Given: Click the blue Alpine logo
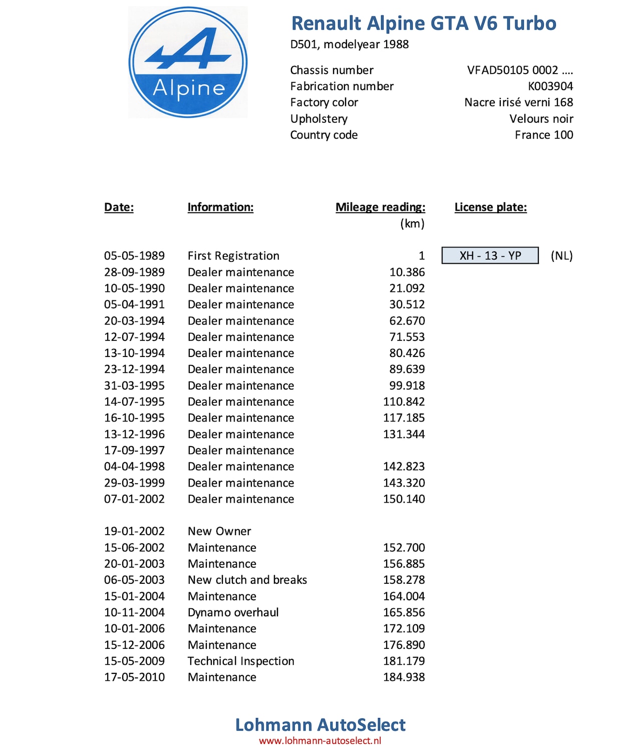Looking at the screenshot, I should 188,63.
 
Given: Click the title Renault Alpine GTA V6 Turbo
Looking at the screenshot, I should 424,24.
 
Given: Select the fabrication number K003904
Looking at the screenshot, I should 550,86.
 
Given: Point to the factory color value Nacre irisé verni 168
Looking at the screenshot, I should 518,102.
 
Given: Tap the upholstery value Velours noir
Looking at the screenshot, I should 541,119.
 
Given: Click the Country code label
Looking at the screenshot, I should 324,135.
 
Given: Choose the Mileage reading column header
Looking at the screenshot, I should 380,207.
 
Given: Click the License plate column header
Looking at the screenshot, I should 490,207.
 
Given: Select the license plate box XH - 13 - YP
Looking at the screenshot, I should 490,255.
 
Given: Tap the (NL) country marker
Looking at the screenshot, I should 561,256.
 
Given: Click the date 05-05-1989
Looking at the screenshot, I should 134,256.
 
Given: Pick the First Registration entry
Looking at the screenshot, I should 233,256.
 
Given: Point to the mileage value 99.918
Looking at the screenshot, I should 407,386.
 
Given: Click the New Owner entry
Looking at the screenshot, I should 219,531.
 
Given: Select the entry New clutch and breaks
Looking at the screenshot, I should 247,580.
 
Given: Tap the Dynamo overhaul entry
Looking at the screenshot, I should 233,612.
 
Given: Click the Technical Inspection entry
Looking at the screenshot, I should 241,661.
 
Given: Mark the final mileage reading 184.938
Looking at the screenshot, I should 404,677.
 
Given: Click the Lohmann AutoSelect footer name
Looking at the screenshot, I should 320,724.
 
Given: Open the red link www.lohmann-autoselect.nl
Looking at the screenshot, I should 320,741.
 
